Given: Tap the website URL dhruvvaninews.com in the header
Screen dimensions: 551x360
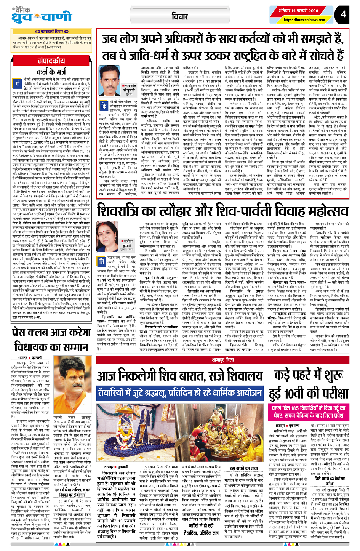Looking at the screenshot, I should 304,20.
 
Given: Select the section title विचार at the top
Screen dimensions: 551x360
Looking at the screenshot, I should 179,16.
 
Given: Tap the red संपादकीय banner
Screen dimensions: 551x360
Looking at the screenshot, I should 51,61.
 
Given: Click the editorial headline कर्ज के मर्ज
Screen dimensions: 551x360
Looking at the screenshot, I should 52,72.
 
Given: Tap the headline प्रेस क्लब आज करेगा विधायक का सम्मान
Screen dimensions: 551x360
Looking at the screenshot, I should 51,340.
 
